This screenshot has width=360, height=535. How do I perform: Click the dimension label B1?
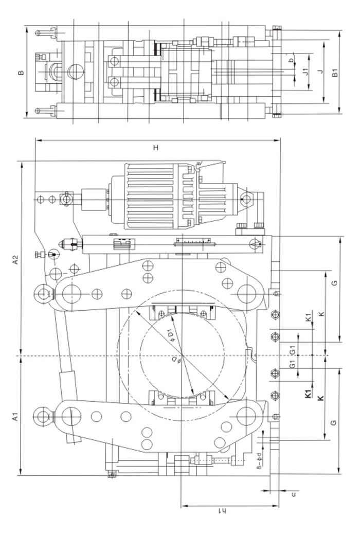coord(335,72)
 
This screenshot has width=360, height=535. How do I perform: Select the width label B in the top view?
coord(21,73)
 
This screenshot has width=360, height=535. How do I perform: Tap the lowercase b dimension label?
coord(292,60)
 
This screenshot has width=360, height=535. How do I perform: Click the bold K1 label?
coord(308,394)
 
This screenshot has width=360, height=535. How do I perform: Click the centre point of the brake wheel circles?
coord(182,356)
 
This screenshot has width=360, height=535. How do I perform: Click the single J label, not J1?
coord(320,72)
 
